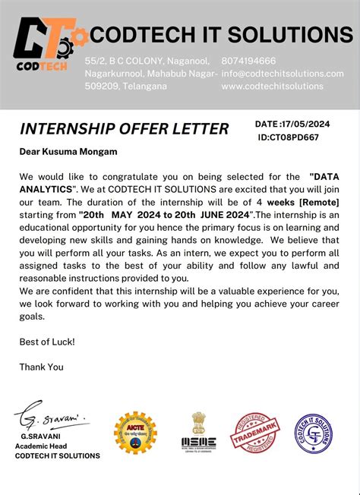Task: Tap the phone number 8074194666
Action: coord(248,61)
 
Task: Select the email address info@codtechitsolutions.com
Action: coord(283,74)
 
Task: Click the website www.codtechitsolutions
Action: coord(273,87)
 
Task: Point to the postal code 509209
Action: coord(99,87)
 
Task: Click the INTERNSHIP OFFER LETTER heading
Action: coord(124,128)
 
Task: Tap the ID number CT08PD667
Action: coord(289,137)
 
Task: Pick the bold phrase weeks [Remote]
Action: coord(303,203)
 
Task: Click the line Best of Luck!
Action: coord(47,342)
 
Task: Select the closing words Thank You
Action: coord(42,367)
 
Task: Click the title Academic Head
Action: coord(47,446)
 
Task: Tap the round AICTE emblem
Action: coord(135,434)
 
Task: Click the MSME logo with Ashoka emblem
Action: coord(199,430)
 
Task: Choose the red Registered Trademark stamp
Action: coord(254,433)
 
